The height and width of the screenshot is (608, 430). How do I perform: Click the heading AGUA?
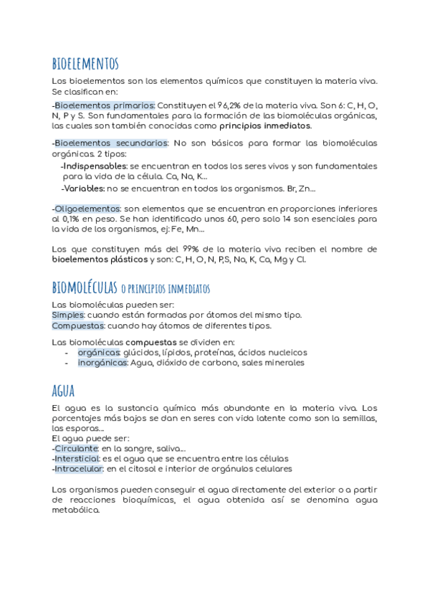pos(64,391)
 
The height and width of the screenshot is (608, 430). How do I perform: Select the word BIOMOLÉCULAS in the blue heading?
pos(84,288)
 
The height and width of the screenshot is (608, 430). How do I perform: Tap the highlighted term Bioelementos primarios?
pos(105,105)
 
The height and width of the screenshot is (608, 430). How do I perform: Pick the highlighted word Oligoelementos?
pos(87,208)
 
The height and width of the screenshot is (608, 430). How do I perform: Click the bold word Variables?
pos(84,189)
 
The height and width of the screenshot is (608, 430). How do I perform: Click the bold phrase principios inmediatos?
pos(265,125)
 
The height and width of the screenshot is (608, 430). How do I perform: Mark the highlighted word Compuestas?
pos(78,326)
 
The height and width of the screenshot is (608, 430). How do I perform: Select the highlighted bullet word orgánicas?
pos(99,352)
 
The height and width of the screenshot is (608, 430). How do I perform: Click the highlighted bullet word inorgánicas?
pos(102,363)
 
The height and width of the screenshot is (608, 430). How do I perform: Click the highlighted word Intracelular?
pos(79,469)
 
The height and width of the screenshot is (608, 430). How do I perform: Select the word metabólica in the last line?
pos(76,511)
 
